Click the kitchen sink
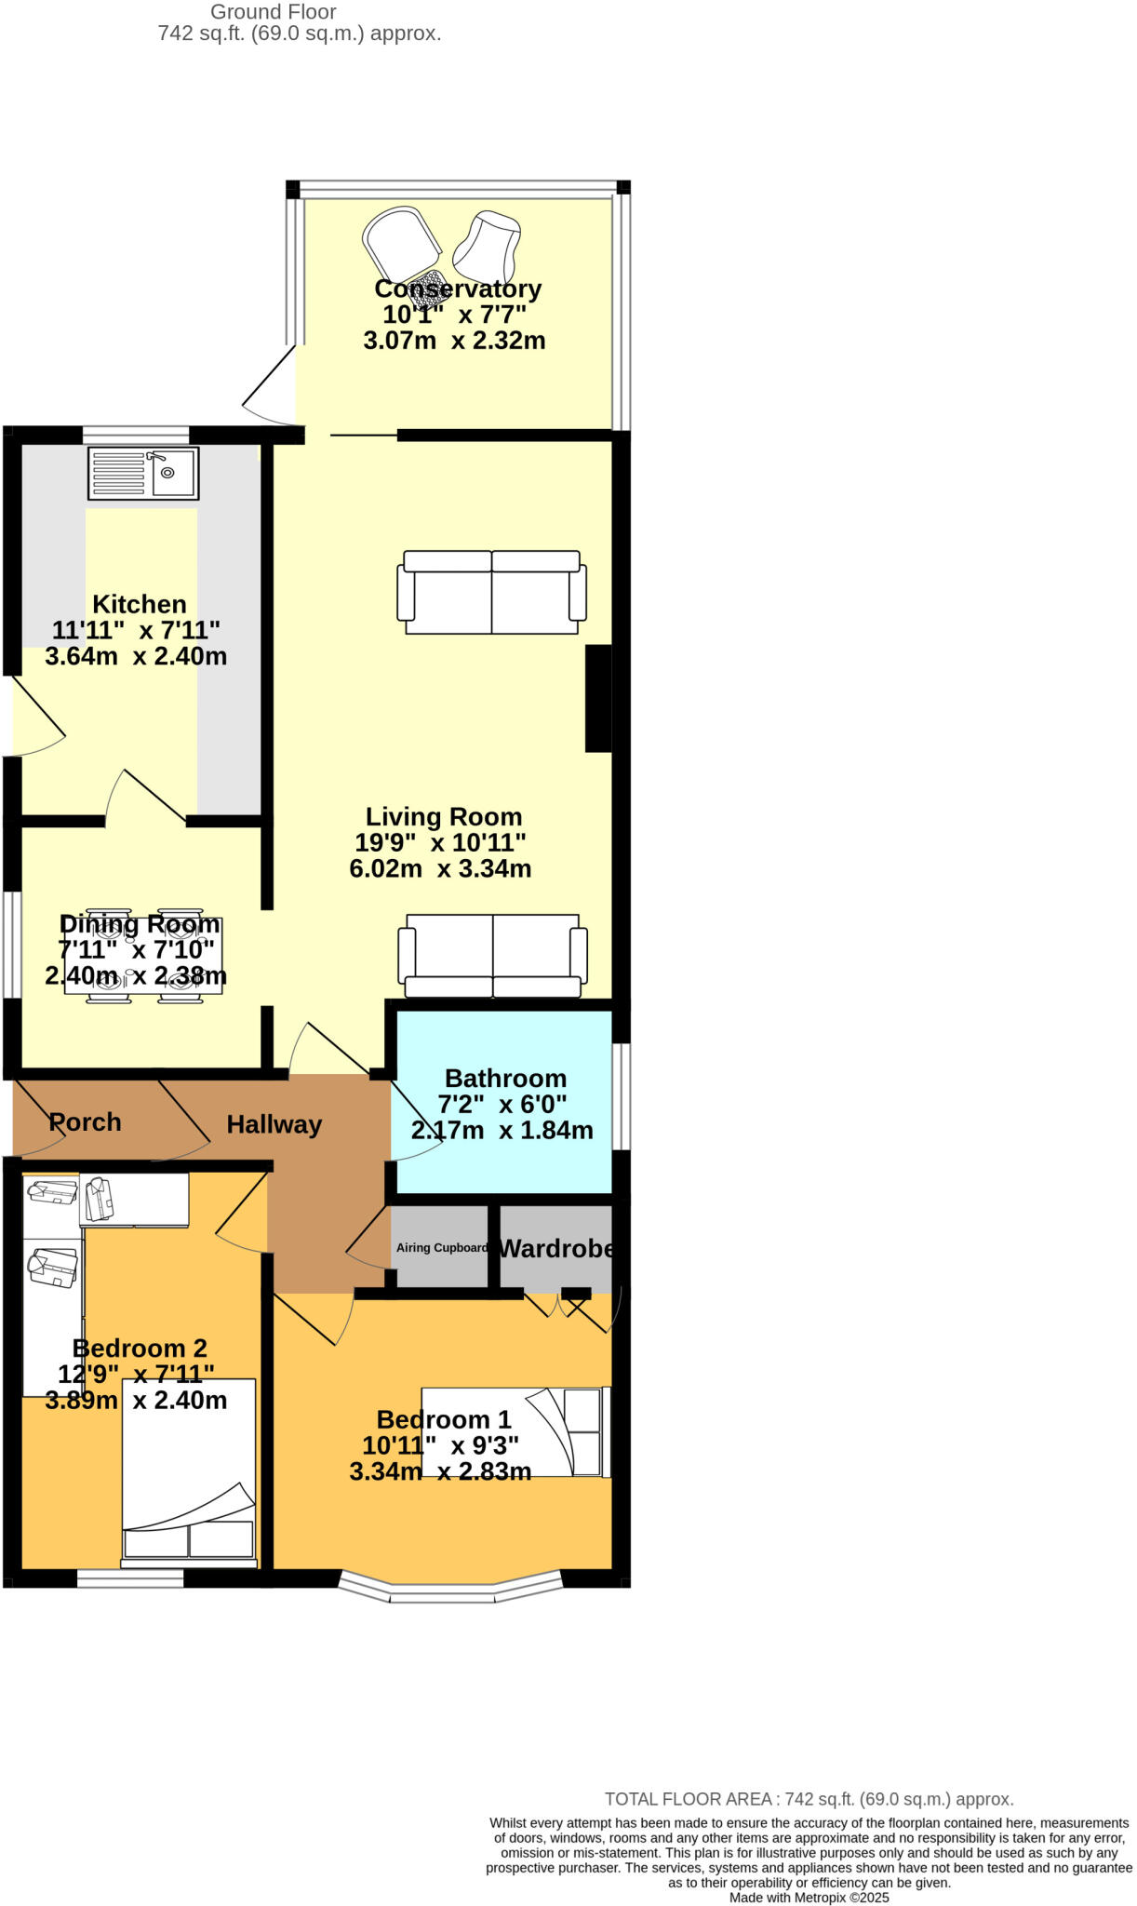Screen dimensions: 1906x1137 [143, 474]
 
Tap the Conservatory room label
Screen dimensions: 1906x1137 [457, 289]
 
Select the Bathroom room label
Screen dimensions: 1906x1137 [505, 1078]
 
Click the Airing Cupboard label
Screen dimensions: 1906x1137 [441, 1248]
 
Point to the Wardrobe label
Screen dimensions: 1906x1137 [556, 1248]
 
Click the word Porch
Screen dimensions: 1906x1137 [85, 1122]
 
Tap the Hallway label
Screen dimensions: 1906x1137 [274, 1124]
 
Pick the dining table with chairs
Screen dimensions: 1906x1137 [143, 956]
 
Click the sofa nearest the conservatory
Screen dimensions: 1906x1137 [491, 592]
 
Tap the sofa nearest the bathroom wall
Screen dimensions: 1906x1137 [492, 956]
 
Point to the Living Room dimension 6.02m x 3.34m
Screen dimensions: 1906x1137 [440, 869]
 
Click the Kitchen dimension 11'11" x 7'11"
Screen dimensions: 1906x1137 [136, 630]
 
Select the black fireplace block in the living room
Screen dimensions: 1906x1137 [597, 698]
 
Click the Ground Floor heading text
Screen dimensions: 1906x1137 [273, 12]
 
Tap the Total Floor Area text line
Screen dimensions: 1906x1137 [809, 1799]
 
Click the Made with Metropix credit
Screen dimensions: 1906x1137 [809, 1898]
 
